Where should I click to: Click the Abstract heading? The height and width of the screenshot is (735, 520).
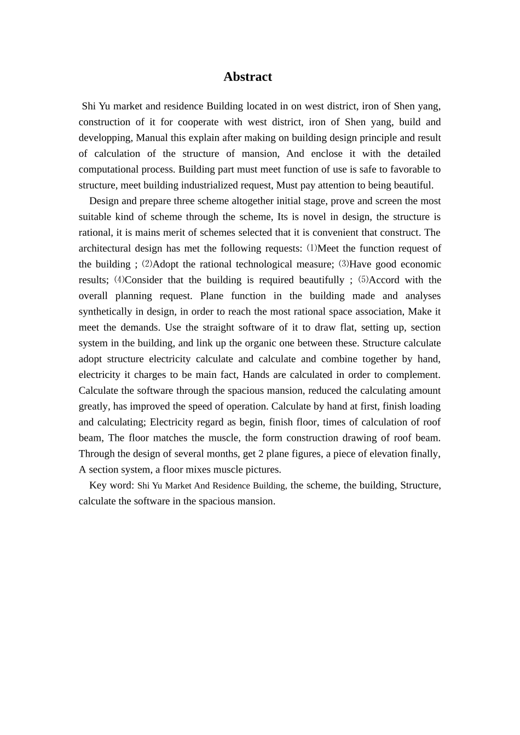pos(247,77)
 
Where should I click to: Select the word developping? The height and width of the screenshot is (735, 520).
pos(105,138)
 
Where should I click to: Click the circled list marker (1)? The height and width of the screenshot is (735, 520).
pos(311,248)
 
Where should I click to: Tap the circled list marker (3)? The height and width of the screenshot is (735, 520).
pos(344,264)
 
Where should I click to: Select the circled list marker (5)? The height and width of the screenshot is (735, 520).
pos(363,280)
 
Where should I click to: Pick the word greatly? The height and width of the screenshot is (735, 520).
pos(94,407)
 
